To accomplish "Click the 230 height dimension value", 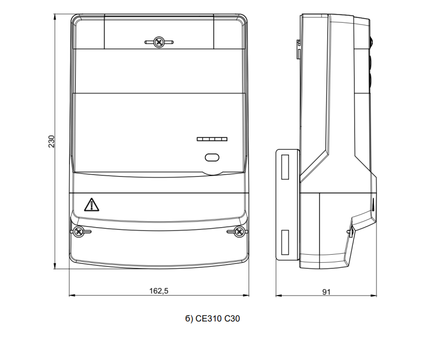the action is point(51,141).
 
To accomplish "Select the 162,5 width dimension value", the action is point(159,291).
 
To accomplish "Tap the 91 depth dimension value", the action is point(326,292).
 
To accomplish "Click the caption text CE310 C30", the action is point(218,318).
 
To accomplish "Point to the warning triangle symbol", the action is point(91,205).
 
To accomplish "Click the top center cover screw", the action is point(159,42).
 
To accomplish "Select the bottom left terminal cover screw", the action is point(79,232).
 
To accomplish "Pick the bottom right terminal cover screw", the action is point(239,232).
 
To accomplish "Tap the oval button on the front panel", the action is point(212,157).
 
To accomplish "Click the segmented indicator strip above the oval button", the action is point(212,139).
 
